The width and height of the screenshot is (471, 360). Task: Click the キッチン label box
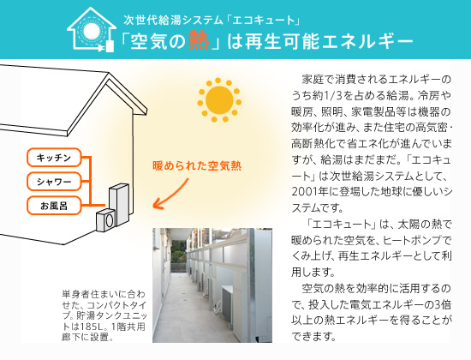[x=54, y=158]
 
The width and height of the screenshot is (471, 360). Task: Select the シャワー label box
[x=54, y=182]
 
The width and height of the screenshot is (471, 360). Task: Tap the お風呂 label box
[x=54, y=206]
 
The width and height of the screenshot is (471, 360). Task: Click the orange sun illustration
[x=219, y=100]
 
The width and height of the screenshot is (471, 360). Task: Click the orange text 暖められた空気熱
[x=197, y=166]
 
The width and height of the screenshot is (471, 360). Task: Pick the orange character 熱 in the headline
[x=199, y=40]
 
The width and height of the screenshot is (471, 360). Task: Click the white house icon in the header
[x=92, y=29]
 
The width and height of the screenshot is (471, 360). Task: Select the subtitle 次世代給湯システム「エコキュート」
[x=212, y=20]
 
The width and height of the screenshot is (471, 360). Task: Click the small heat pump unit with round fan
[x=105, y=220]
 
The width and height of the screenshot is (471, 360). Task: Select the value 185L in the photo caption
[x=92, y=327]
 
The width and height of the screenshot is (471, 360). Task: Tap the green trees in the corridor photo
[x=179, y=251]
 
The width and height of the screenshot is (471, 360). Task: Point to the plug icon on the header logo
[x=107, y=46]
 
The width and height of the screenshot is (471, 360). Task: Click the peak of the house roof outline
[x=109, y=73]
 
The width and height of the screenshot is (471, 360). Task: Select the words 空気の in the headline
[x=158, y=41]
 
